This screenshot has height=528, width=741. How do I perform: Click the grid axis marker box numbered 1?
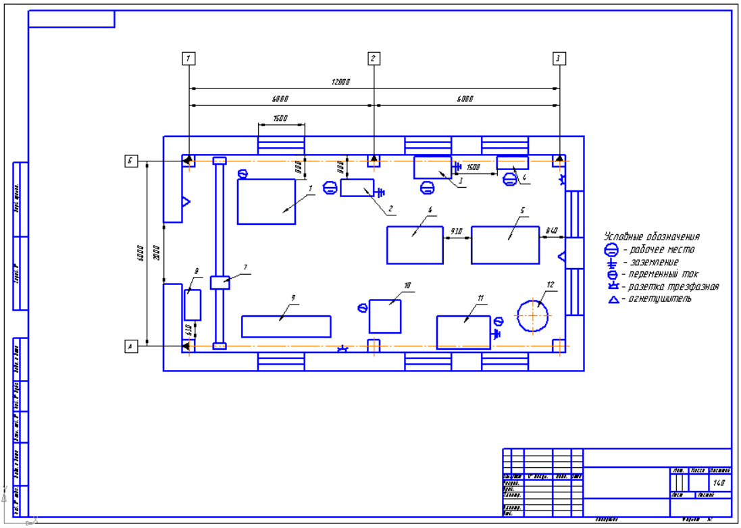coord(189,58)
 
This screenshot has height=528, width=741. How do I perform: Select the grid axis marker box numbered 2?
coord(374,58)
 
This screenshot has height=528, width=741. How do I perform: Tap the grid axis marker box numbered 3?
coord(558,58)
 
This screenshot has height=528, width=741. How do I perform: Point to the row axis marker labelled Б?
coord(131,161)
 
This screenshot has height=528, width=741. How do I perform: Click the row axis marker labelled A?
coord(131,346)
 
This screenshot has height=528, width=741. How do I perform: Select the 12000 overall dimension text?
coord(340,82)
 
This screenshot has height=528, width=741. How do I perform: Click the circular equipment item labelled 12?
coord(534,315)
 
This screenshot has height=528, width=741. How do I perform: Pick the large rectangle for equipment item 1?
coord(267,201)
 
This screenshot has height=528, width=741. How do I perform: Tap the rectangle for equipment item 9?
coord(286,326)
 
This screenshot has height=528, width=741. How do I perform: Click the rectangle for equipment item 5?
coord(505,245)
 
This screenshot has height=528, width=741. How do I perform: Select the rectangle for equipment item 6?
coord(415,245)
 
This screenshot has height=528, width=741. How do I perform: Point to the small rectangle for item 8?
coord(193,305)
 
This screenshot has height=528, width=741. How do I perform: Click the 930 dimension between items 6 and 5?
coord(457,232)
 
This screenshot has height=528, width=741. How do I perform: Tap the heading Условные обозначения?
coord(651,237)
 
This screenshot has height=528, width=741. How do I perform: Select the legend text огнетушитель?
coord(659,299)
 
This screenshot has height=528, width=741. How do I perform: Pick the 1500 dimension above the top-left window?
coord(280,119)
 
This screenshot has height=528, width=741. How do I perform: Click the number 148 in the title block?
coord(719,483)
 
